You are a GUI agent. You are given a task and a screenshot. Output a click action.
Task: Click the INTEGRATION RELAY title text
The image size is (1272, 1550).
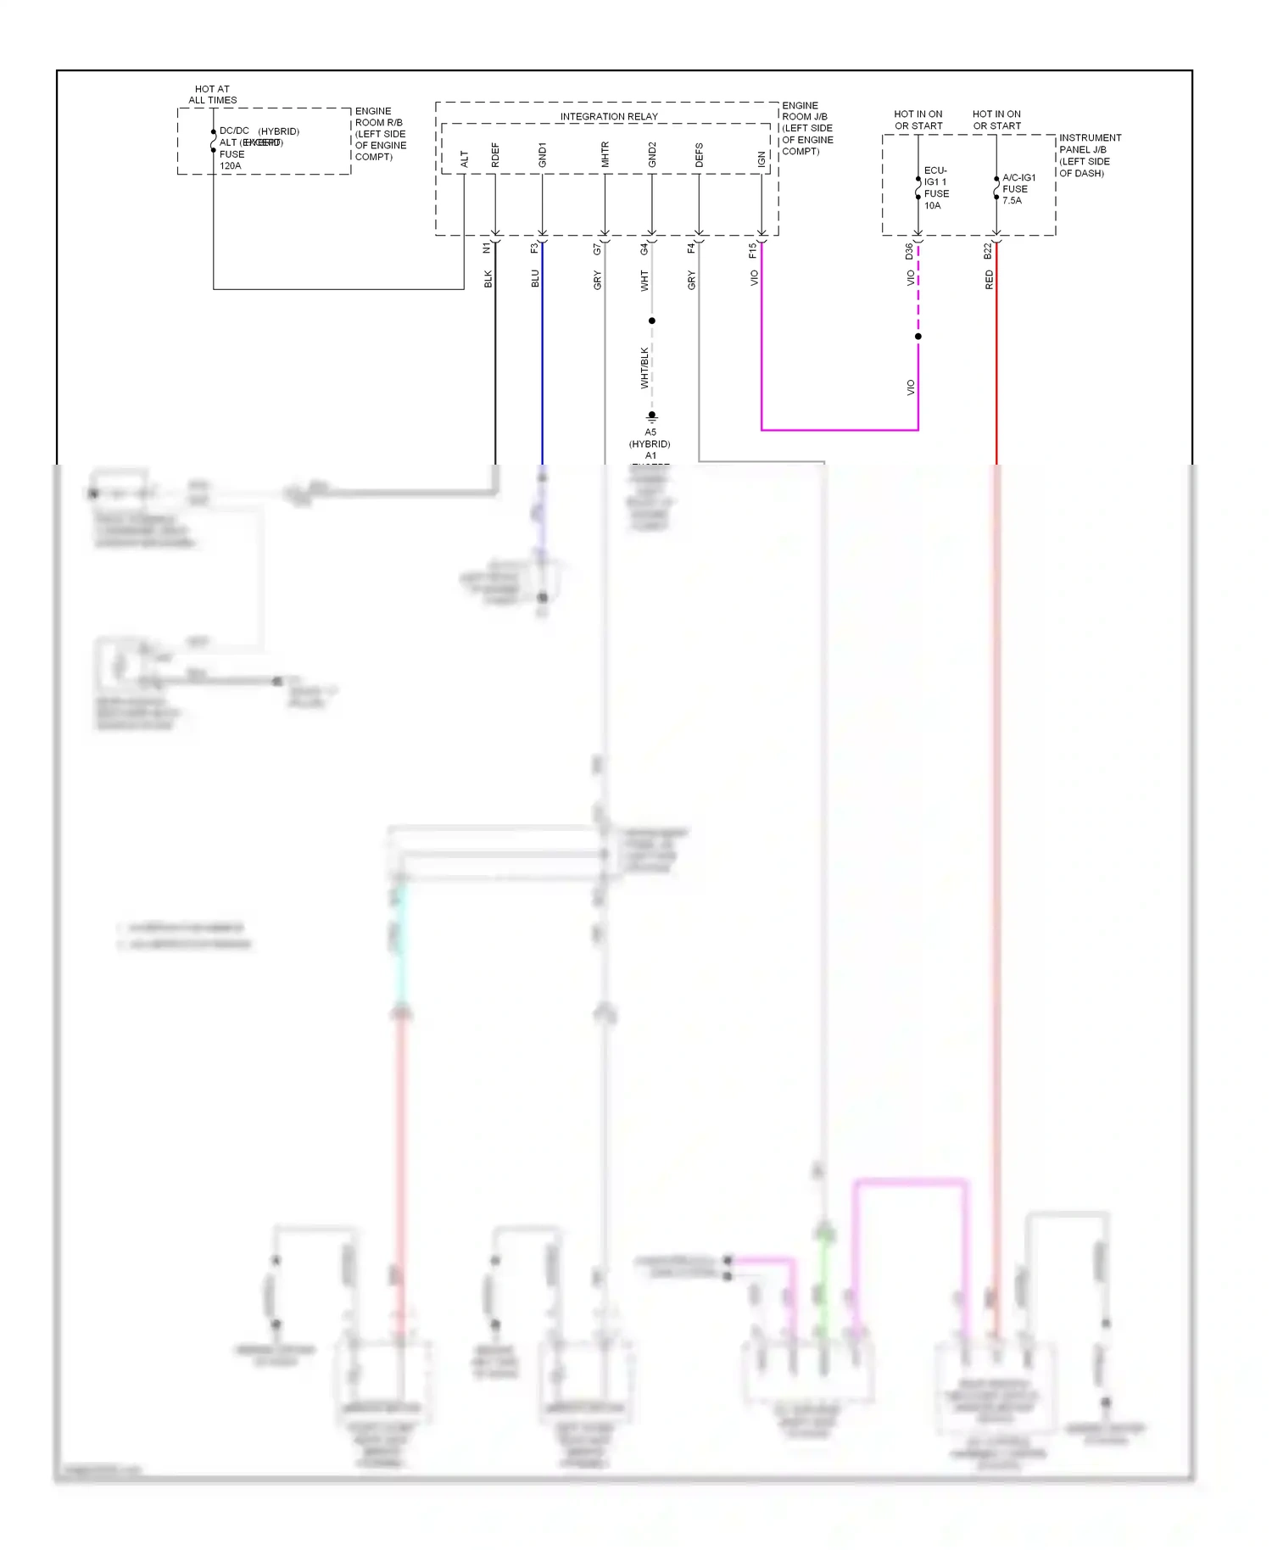608,117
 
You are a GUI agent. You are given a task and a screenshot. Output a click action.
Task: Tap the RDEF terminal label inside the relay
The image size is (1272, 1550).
495,155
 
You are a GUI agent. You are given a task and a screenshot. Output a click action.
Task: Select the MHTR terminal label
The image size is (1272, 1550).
605,154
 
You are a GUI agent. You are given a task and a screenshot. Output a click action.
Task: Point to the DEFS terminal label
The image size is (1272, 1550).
699,155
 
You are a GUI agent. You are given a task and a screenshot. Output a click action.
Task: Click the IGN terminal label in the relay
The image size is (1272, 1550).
762,159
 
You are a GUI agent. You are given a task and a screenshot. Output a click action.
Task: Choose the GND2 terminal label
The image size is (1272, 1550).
651,154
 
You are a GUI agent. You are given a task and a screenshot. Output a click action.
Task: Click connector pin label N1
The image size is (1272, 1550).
487,248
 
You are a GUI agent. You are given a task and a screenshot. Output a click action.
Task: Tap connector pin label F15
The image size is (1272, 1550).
752,250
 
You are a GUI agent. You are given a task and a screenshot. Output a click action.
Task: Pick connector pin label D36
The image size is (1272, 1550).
909,251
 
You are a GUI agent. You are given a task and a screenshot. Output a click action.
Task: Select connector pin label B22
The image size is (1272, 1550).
987,251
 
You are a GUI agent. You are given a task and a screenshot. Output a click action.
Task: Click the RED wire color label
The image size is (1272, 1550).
989,280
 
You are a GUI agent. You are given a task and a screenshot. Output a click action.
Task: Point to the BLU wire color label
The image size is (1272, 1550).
534,279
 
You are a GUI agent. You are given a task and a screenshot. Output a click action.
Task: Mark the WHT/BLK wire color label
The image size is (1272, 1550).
644,368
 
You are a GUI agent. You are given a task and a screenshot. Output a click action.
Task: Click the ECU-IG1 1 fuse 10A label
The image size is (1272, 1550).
935,188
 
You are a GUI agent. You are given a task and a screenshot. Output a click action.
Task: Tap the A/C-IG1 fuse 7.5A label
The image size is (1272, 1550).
1018,189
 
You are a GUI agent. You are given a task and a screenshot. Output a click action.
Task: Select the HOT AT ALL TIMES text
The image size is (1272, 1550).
212,94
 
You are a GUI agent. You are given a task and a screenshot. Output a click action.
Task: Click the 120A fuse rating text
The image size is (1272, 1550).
230,166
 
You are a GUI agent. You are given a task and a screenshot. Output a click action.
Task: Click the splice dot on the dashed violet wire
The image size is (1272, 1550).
918,337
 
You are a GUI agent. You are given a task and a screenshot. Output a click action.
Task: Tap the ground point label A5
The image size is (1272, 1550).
650,432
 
